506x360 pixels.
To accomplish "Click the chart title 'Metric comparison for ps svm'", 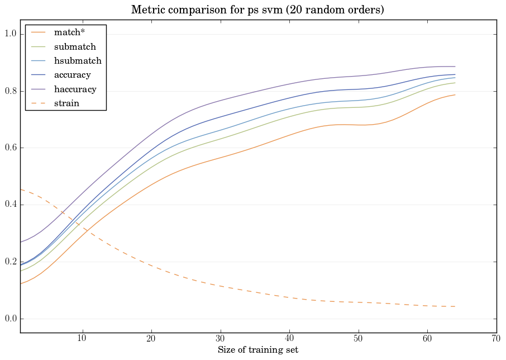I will pos(257,10).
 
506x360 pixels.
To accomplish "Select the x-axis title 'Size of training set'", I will pos(257,350).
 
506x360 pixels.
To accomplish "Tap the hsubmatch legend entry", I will pos(77,61).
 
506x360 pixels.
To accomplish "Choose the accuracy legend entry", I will pos(72,75).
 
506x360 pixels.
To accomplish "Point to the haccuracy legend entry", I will pos(75,89).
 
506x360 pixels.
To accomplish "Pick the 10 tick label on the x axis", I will pos(82,339).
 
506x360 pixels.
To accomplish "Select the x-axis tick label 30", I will pos(220,339).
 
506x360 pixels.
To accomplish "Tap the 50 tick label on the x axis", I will pos(358,339).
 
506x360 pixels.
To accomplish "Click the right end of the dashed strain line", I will pos(455,306).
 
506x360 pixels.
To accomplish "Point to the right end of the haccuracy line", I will pos(455,67).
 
